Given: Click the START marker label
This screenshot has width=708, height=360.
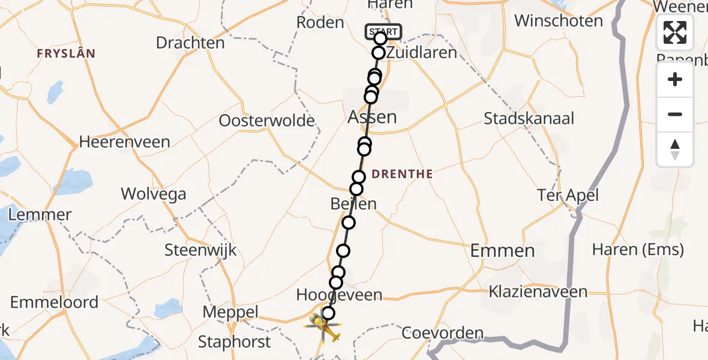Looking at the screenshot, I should tap(383, 31).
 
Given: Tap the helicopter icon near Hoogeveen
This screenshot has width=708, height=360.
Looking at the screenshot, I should tap(324, 328).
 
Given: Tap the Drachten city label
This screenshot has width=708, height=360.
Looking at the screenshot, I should tap(190, 43).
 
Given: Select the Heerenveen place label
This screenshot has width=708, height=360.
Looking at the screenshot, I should tap(125, 142).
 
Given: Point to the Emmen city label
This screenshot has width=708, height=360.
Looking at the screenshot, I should tap(502, 250).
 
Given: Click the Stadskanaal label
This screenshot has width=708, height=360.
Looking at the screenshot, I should tap(529, 118).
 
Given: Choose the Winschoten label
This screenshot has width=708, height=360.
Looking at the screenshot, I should tap(559, 22).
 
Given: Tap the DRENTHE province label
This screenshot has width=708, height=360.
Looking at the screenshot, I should tap(402, 175).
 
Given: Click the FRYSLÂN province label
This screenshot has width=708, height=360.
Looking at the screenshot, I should tap(66, 54).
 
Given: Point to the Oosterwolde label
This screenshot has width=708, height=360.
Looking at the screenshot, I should tap(266, 121).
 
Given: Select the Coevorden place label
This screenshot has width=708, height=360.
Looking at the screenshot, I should tap(443, 333).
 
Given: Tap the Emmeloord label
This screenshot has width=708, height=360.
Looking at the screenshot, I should tap(54, 302).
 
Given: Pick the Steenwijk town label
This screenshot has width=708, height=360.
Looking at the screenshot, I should tap(201, 250).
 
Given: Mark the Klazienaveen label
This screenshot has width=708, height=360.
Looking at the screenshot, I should tap(538, 292).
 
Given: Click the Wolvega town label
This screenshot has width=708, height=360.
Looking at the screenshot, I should tap(153, 194).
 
